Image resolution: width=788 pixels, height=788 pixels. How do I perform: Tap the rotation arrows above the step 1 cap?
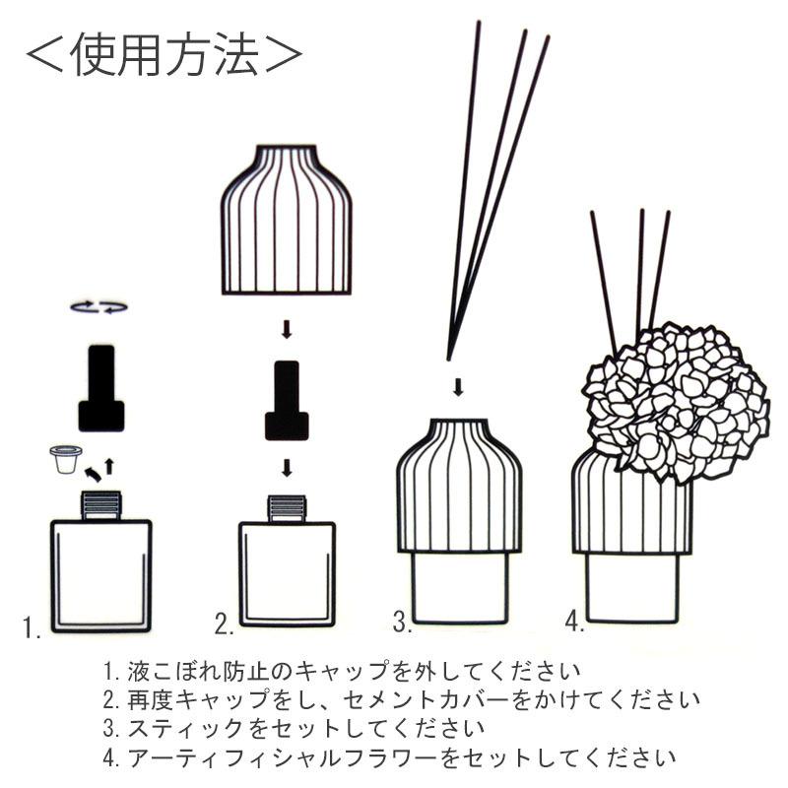click(99, 307)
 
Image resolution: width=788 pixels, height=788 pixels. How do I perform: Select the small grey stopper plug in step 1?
click(65, 459)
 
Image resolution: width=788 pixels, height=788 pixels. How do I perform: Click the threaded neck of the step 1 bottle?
click(99, 504)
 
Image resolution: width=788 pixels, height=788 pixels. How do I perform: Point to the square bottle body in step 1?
click(100, 576)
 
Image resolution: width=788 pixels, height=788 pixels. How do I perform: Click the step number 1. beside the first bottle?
click(33, 626)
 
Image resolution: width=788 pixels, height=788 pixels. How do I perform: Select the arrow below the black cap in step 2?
click(287, 466)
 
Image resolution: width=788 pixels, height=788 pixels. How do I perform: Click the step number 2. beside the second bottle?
click(225, 623)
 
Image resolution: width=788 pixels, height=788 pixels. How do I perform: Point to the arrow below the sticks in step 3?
click(458, 385)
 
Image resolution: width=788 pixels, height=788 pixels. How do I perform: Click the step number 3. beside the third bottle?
click(401, 622)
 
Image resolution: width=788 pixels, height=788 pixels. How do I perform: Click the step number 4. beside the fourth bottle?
click(575, 621)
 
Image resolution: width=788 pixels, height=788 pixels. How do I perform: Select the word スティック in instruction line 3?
click(183, 729)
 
